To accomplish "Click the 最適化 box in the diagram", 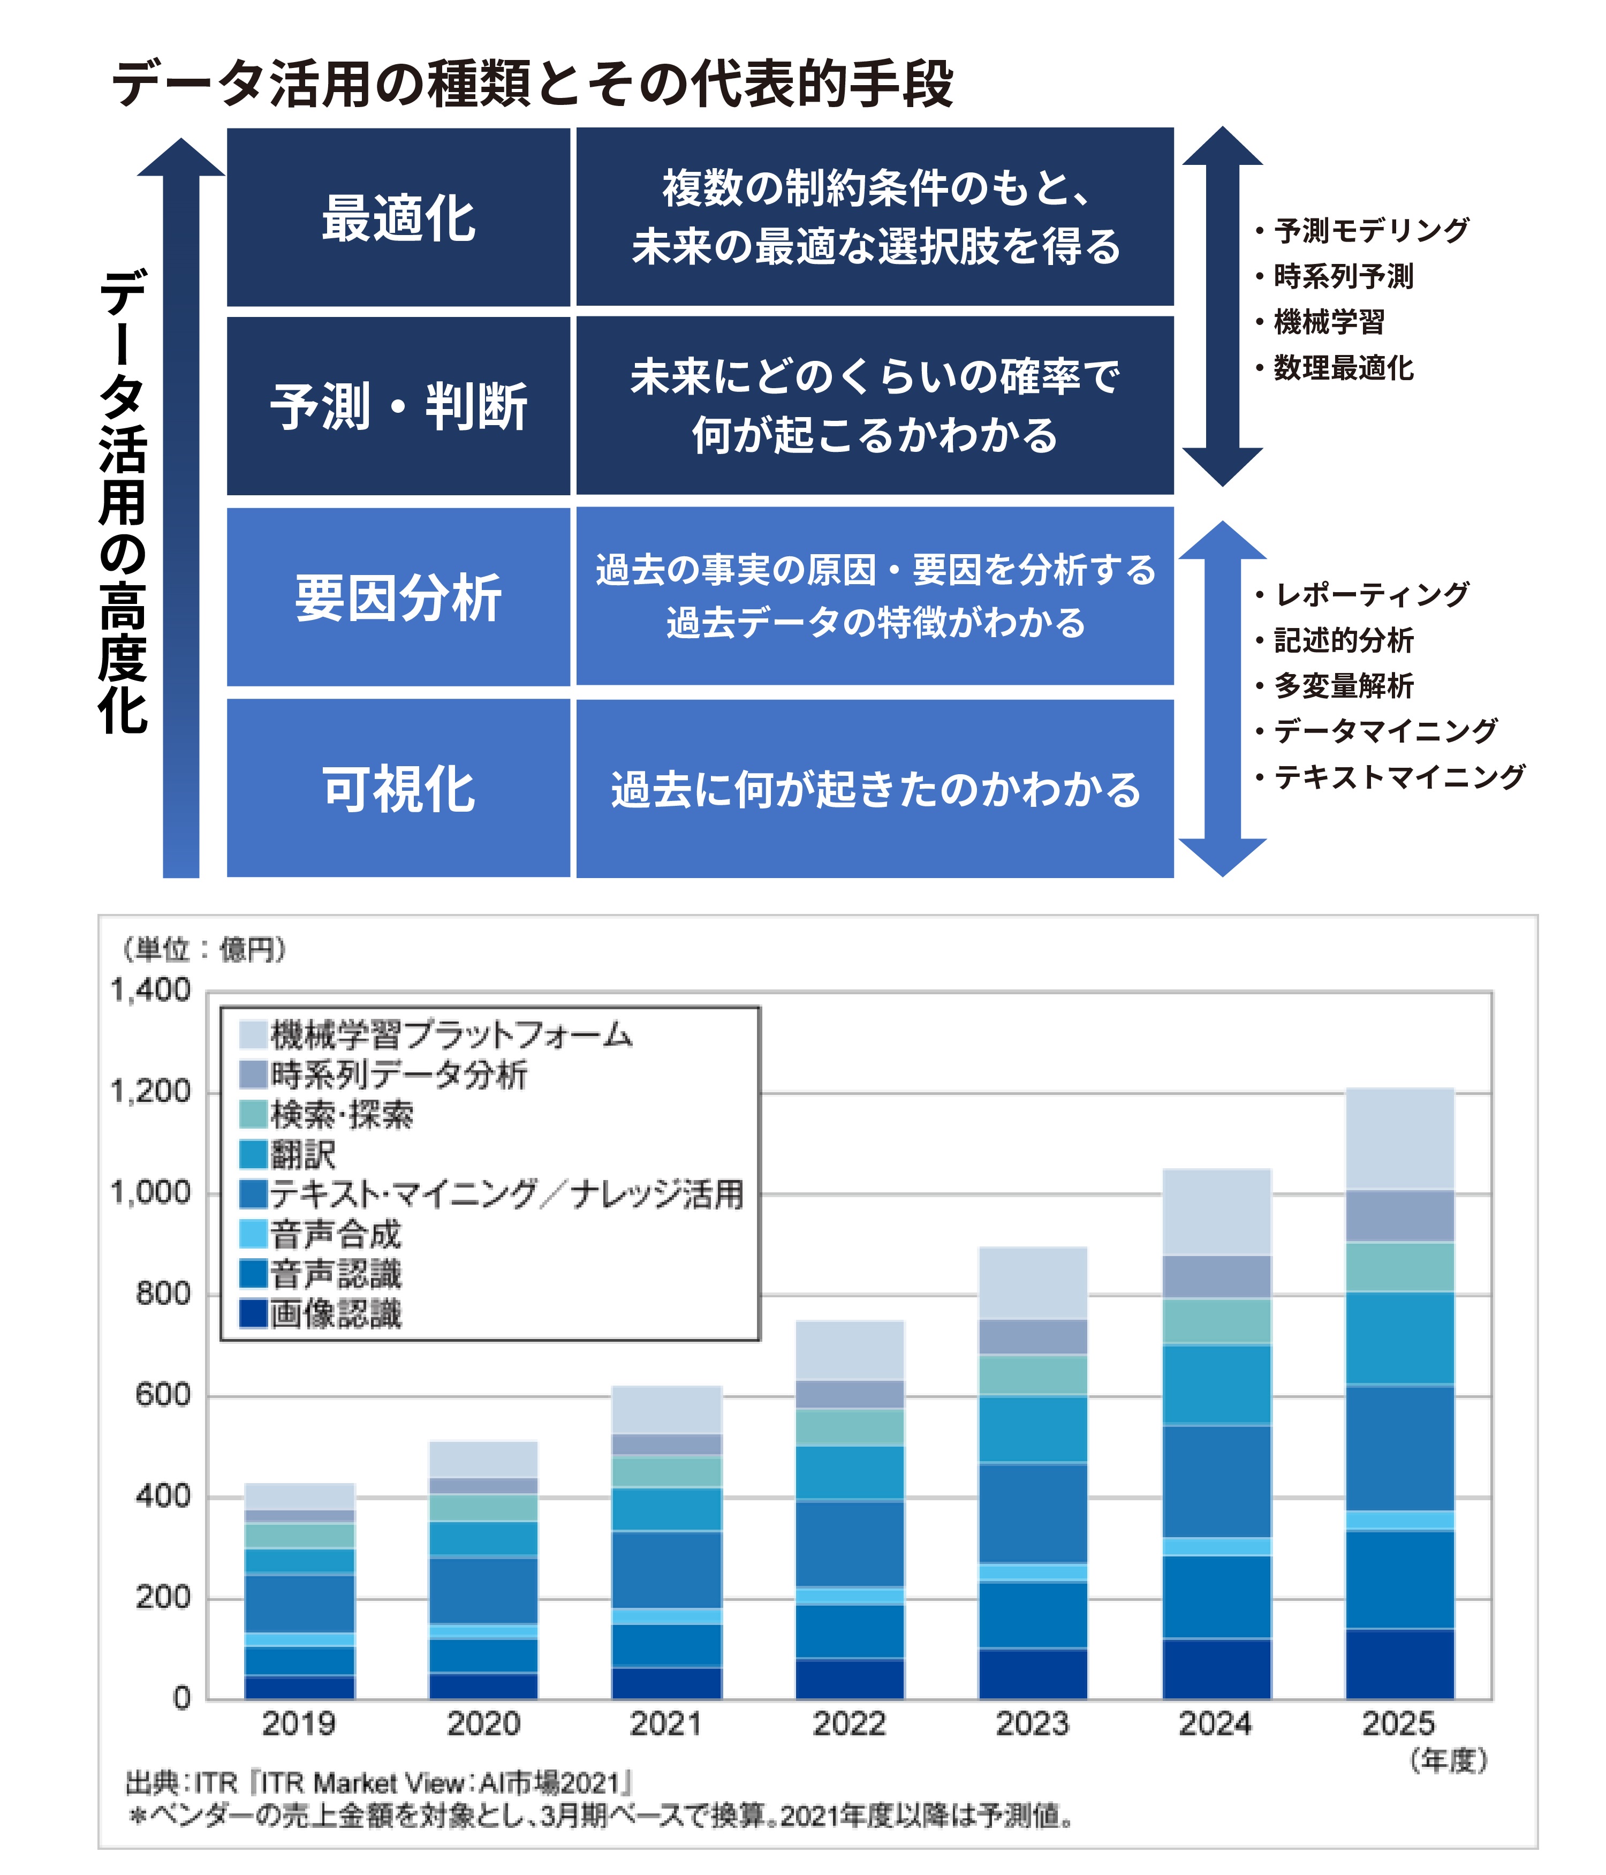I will point(398,218).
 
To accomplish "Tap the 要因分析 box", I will point(398,598).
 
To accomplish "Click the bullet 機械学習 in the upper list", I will point(1328,322).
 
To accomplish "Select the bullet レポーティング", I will point(1371,594).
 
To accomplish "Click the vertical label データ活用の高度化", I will point(122,502).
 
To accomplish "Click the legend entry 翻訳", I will point(303,1155).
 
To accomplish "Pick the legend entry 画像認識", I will point(335,1314).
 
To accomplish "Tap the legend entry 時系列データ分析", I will point(398,1075).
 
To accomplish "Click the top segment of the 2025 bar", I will point(1400,1138).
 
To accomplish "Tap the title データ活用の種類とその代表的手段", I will point(532,84).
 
